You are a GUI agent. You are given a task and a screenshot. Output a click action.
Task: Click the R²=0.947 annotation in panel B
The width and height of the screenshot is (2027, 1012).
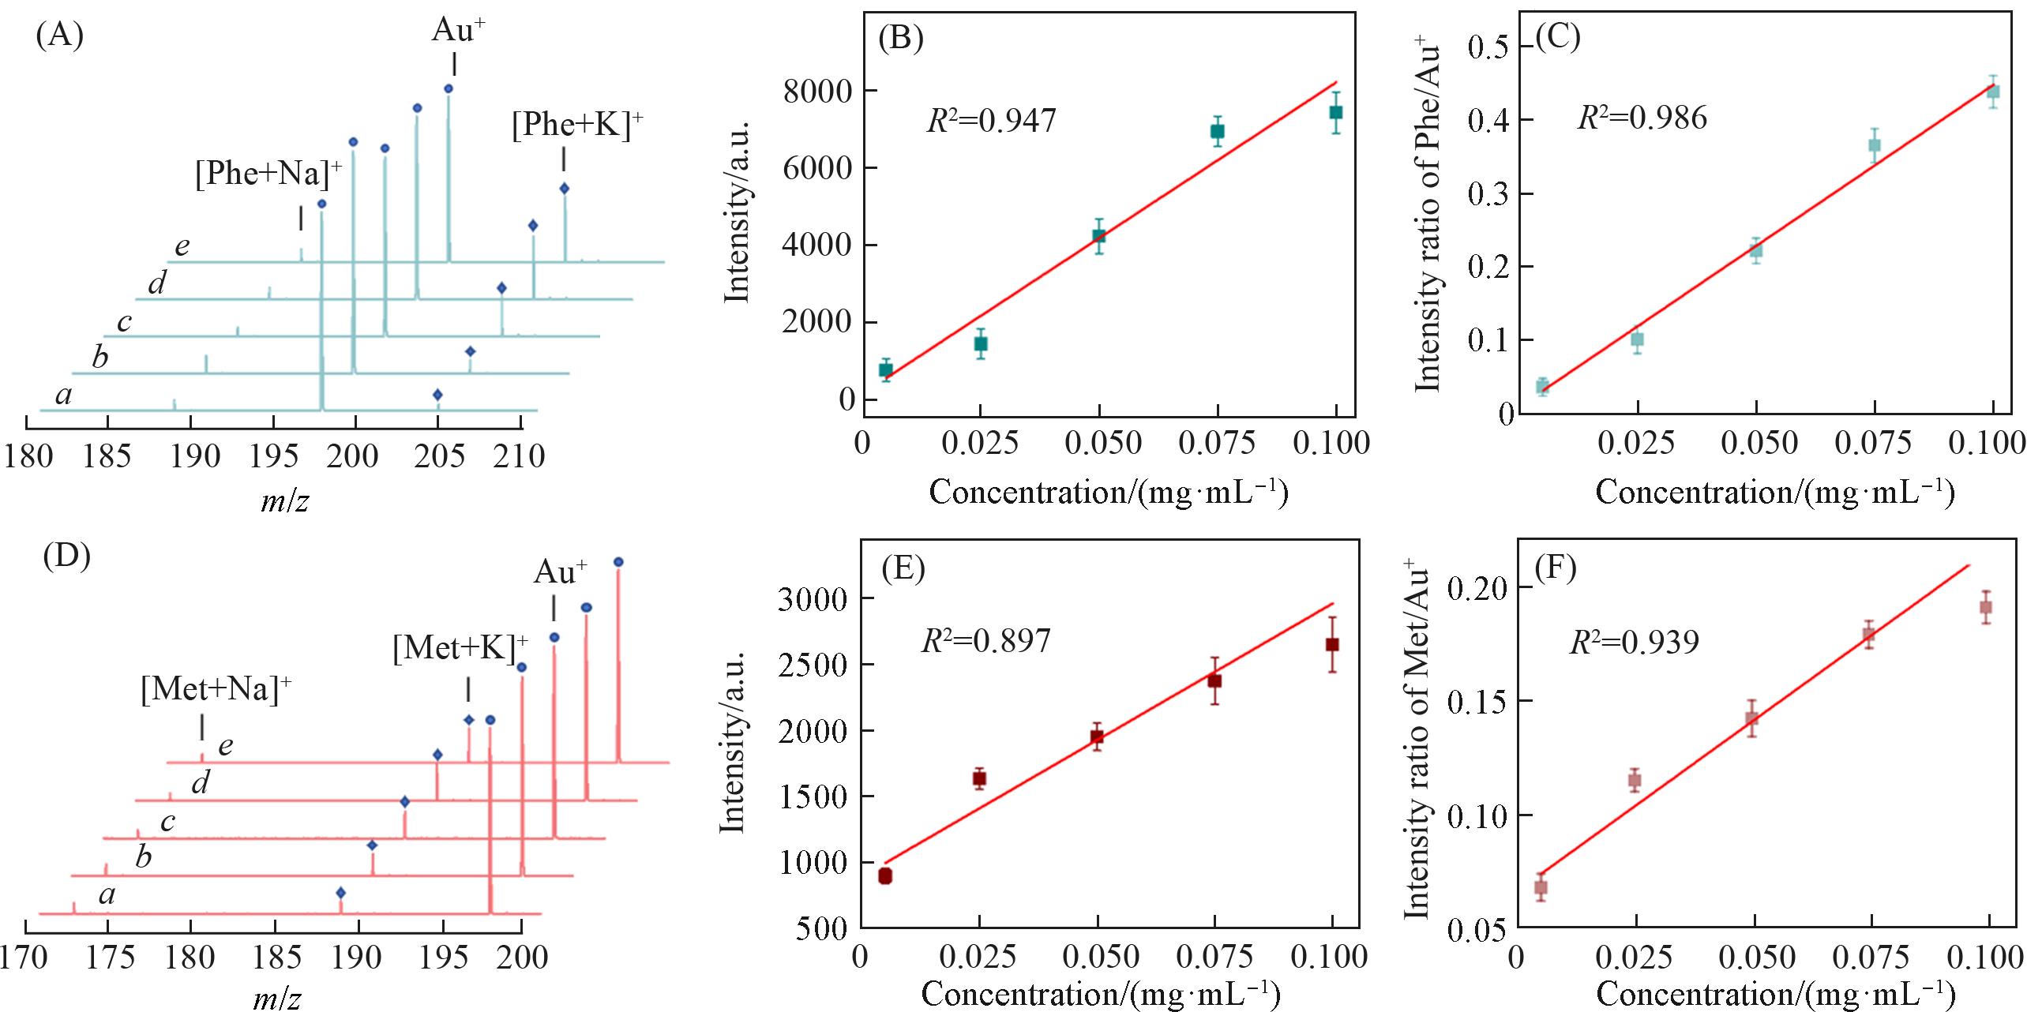991,121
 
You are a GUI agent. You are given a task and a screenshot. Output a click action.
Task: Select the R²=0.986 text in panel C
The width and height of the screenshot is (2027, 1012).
1642,118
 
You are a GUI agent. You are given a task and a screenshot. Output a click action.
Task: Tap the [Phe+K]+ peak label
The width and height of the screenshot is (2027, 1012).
577,126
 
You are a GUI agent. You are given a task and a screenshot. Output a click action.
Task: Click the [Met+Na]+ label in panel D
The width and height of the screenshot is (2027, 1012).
216,690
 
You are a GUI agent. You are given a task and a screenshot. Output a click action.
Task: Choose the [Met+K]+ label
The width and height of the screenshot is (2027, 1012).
460,649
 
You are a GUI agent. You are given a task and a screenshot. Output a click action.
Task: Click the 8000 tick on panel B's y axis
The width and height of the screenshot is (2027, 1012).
819,92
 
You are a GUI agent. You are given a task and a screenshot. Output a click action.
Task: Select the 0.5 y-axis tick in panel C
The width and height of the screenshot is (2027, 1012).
1488,47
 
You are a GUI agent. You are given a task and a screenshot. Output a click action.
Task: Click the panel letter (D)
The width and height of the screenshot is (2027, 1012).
67,556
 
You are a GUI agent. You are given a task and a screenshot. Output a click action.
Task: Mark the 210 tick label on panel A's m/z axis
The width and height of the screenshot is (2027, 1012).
519,456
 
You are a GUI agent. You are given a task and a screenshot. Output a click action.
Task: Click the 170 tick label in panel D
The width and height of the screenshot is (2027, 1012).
24,958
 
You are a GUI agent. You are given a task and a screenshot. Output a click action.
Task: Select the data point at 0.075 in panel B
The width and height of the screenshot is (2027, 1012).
1217,131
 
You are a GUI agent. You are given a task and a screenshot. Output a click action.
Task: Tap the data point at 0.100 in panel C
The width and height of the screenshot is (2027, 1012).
1993,92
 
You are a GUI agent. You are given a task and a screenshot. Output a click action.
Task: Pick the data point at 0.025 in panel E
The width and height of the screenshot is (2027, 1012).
979,778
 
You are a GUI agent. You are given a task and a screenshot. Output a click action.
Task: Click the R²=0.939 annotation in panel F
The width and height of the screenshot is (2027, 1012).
1634,643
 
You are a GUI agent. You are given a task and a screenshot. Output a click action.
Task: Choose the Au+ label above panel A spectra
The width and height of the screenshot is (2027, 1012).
458,31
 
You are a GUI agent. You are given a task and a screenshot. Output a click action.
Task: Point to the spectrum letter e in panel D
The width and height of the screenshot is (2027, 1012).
226,746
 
